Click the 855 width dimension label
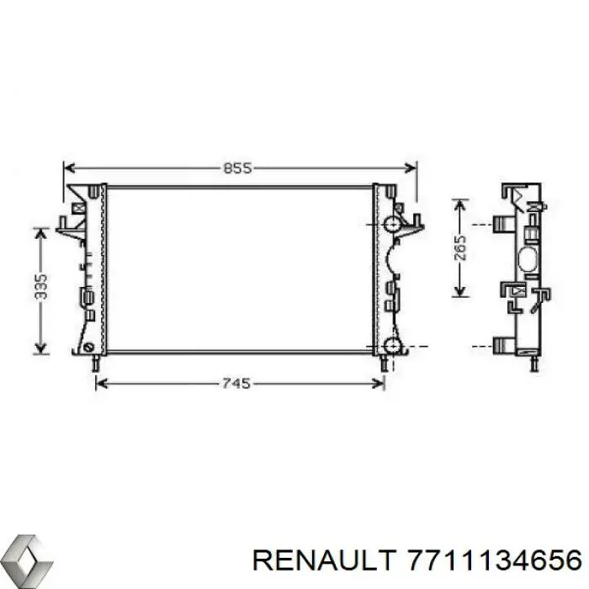238,167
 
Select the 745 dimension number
237,384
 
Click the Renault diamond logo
26,558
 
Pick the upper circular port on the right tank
392,224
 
